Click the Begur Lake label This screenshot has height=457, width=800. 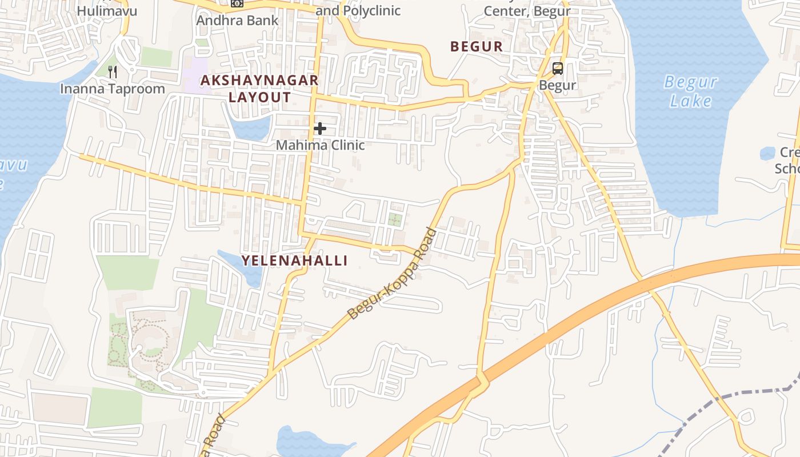pos(690,91)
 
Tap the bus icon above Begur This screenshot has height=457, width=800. pos(558,69)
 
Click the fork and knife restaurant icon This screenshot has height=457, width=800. pos(113,71)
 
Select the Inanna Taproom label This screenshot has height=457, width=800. pos(113,89)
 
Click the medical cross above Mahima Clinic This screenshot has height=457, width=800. pos(320,129)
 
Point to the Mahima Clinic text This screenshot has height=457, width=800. pos(320,145)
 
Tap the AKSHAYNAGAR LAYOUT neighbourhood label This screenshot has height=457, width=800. pos(259,89)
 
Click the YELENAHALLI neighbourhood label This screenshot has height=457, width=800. pos(294,260)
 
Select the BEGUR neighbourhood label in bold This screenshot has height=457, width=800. pos(477,47)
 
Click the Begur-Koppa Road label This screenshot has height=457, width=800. pos(393,274)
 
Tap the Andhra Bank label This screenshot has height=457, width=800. pos(237,21)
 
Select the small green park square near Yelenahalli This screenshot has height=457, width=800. pos(394,219)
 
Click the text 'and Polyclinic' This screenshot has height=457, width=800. pos(358,10)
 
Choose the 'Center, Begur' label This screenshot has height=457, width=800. pos(527,10)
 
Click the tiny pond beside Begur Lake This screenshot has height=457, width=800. pos(767,153)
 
